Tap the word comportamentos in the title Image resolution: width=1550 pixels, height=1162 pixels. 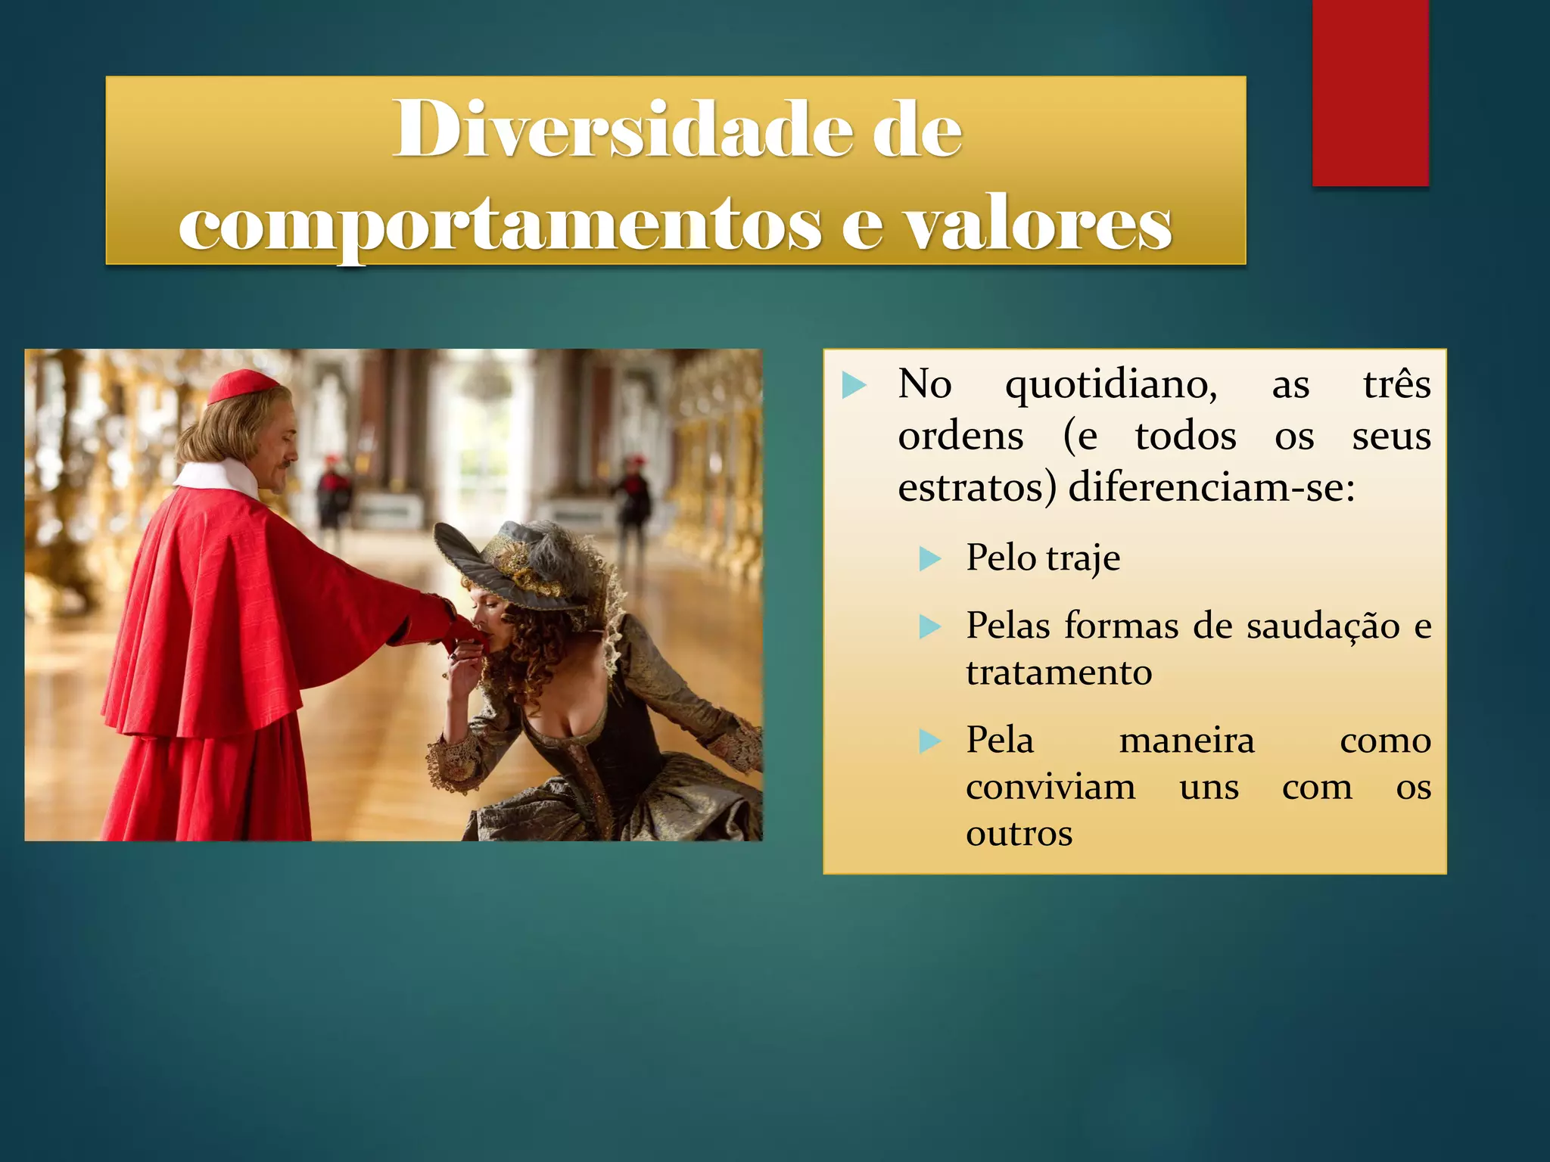pos(500,225)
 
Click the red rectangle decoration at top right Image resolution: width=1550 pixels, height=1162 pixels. pos(1370,92)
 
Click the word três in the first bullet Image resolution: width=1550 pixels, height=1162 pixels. pos(1396,384)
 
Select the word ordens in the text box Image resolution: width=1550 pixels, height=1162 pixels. pos(960,437)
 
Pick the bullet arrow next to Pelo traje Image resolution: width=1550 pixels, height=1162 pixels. pos(929,559)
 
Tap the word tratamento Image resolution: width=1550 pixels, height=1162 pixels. pos(1059,673)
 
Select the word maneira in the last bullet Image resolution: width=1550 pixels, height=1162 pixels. pos(1187,741)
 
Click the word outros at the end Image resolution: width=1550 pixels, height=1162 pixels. pos(1019,834)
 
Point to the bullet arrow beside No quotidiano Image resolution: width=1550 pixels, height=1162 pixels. pos(854,385)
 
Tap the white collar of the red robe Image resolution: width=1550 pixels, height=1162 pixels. pos(219,477)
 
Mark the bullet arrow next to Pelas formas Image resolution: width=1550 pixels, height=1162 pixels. pos(929,626)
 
